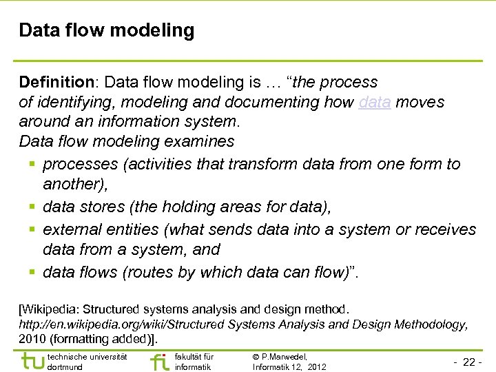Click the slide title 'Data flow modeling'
(x=107, y=31)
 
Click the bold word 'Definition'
(x=59, y=82)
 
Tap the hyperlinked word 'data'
(x=375, y=102)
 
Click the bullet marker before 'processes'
(x=32, y=165)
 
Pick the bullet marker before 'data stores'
(x=32, y=207)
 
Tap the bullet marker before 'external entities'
(x=32, y=229)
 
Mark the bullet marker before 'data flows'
(x=32, y=273)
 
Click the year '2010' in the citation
(x=32, y=338)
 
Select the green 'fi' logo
(x=158, y=361)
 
